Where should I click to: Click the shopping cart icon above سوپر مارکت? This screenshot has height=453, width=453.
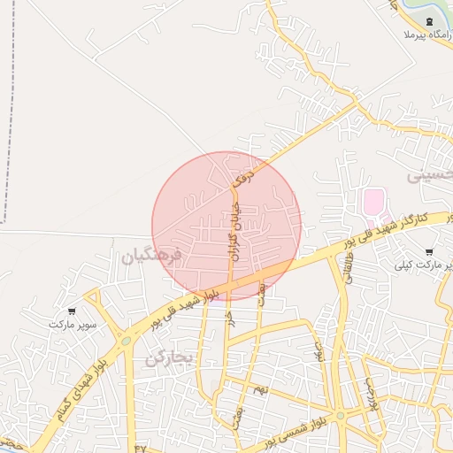tap(72, 311)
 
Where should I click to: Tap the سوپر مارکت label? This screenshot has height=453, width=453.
tap(72, 325)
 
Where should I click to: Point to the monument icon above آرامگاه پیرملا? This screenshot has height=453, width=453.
tap(429, 20)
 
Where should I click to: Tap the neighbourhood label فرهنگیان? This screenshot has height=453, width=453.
tap(151, 257)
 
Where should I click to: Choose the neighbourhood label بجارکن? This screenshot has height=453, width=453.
tap(168, 357)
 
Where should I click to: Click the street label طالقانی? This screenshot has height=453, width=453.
tap(346, 265)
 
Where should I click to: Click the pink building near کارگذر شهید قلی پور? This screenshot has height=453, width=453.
tap(373, 202)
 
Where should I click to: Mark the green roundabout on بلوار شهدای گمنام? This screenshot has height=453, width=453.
tap(127, 340)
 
